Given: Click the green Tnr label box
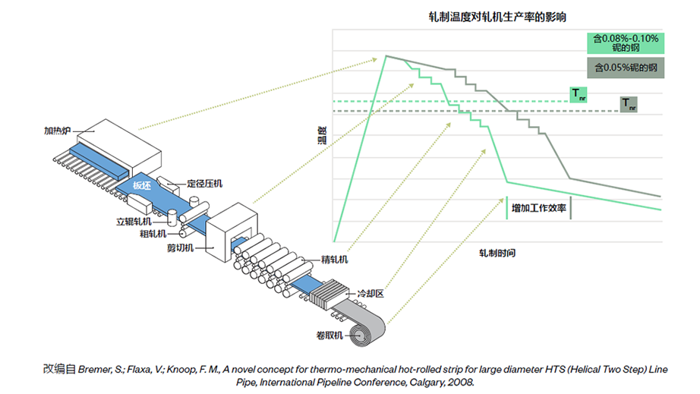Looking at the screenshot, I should pyautogui.click(x=579, y=94).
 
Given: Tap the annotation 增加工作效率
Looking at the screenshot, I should pyautogui.click(x=538, y=207).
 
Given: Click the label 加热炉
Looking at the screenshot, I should pyautogui.click(x=57, y=131).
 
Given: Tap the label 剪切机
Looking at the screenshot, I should pyautogui.click(x=181, y=247).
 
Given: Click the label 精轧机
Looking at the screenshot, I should pyautogui.click(x=334, y=260).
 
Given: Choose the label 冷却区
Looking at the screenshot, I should pyautogui.click(x=371, y=293).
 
